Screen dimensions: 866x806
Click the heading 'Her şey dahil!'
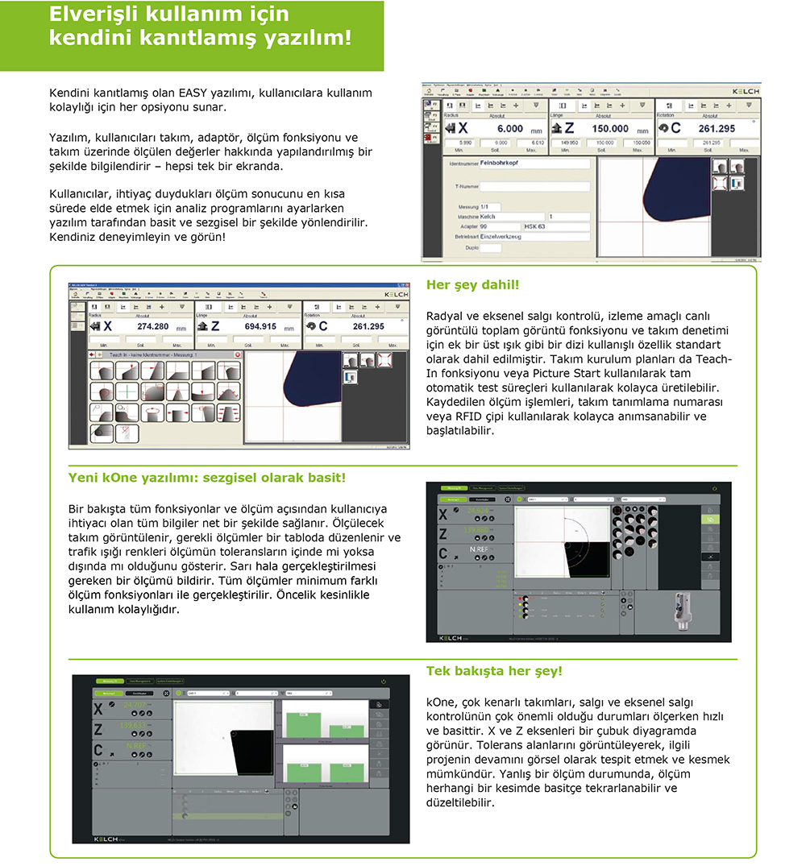pos(472,285)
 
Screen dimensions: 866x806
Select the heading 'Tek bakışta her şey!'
pos(494,671)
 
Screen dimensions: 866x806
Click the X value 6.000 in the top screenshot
pos(509,129)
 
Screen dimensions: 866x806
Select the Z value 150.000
pos(611,129)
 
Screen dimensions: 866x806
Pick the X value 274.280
pos(153,326)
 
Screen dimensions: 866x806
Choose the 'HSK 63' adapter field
pos(537,226)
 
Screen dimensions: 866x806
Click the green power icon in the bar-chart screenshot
pos(384,682)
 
